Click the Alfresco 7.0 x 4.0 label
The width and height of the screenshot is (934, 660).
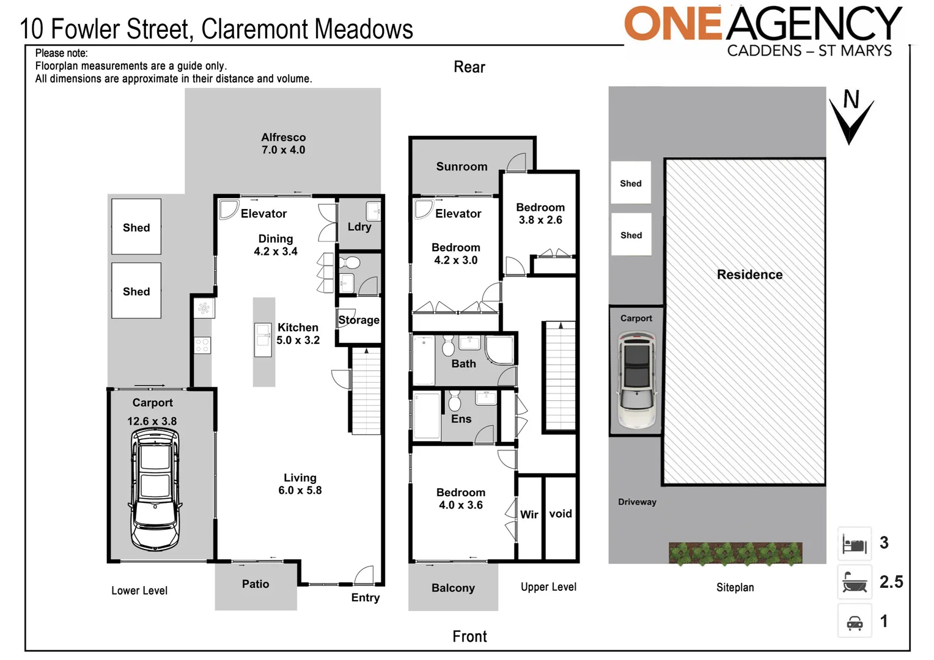[x=283, y=144]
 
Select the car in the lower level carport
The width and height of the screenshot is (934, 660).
[x=155, y=489]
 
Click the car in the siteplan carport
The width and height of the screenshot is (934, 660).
[x=636, y=380]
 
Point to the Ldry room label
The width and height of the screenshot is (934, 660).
[x=359, y=227]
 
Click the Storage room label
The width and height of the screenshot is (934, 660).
[x=359, y=320]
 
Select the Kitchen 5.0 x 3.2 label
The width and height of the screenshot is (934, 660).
[x=298, y=334]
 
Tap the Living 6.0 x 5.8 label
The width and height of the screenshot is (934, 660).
[x=300, y=484]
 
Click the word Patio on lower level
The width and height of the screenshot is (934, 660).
[x=256, y=584]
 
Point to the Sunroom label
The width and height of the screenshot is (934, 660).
[x=461, y=167]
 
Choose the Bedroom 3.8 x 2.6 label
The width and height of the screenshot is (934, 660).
[x=540, y=214]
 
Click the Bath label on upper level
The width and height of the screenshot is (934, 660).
[x=463, y=364]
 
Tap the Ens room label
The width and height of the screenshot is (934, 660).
[x=461, y=419]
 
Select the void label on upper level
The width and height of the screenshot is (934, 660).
[x=560, y=514]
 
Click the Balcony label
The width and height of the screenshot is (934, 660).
[x=453, y=588]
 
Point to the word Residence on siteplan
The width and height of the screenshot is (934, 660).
[x=749, y=275]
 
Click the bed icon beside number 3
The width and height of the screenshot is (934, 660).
[x=854, y=543]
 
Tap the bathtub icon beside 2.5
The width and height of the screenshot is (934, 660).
[x=854, y=582]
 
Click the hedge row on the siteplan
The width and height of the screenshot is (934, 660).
[x=735, y=553]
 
